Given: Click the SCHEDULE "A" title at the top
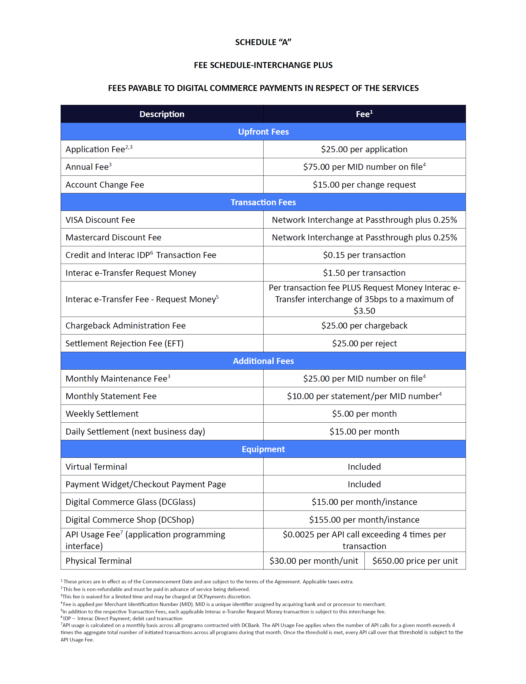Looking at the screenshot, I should click(x=263, y=42).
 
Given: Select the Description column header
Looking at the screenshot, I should click(x=162, y=114).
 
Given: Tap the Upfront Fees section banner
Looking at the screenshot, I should click(x=263, y=132).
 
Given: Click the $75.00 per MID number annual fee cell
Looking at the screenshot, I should click(x=364, y=167).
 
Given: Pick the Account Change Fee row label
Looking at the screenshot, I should click(x=105, y=185).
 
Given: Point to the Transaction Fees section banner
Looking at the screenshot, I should click(x=263, y=202).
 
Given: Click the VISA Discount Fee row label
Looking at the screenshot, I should click(x=100, y=220).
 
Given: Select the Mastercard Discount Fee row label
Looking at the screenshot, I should click(x=113, y=237).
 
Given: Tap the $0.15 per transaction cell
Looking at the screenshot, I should click(x=364, y=255).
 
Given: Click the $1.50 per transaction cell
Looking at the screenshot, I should click(x=364, y=273).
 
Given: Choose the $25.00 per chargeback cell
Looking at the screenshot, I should click(x=364, y=326).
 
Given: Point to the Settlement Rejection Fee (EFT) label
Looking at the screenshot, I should click(x=124, y=344).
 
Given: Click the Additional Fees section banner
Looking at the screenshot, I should click(x=263, y=361).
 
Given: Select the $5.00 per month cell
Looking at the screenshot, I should click(x=364, y=414).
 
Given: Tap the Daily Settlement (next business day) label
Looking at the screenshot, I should click(x=135, y=431).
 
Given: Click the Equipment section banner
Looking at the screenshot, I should click(x=263, y=449).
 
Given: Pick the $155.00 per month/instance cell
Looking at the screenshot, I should click(x=364, y=520).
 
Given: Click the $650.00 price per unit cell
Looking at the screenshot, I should click(x=415, y=561).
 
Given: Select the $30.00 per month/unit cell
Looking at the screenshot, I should click(x=314, y=561).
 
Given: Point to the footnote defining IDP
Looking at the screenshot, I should click(x=122, y=619).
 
